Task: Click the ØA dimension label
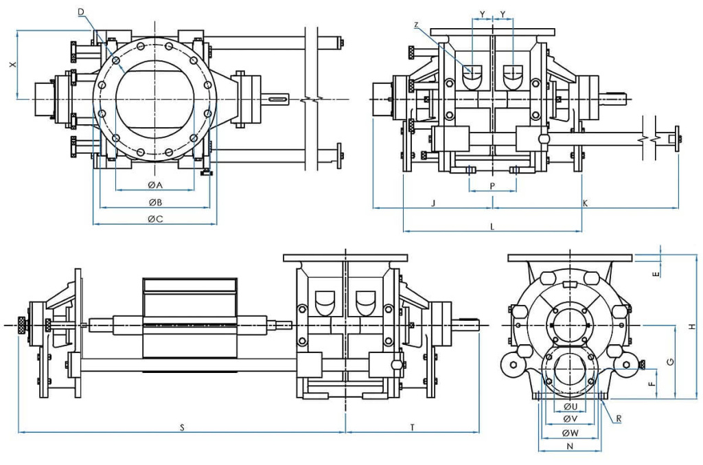[x=154, y=185]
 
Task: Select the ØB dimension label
[x=154, y=202]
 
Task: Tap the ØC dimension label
[x=154, y=219]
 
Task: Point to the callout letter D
[x=81, y=12]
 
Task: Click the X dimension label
[x=11, y=65]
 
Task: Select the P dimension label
[x=492, y=185]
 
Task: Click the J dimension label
[x=433, y=203]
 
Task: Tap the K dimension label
[x=585, y=203]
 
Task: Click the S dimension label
[x=182, y=427]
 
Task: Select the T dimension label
[x=412, y=427]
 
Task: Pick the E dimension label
[x=656, y=273]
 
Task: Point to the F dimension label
[x=652, y=385]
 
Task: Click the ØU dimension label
[x=569, y=406]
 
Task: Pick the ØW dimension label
[x=569, y=433]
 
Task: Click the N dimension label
[x=569, y=446]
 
